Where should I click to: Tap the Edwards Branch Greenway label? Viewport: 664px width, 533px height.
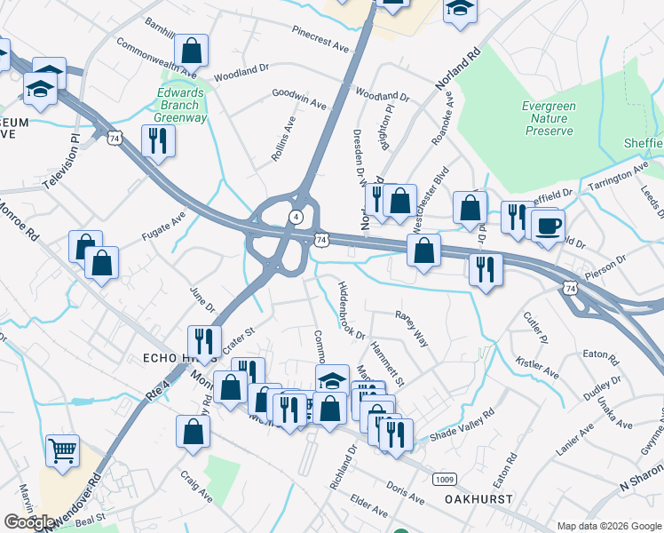[180, 105]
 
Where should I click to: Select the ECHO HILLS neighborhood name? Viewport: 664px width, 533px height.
[155, 358]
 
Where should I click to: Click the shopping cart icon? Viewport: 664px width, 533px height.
[62, 451]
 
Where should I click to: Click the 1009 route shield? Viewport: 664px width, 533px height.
[446, 479]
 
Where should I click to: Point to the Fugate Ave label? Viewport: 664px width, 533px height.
[163, 227]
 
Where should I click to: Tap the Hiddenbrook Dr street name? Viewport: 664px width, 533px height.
[350, 310]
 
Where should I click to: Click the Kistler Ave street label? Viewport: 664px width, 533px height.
[537, 370]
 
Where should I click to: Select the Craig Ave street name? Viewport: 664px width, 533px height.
[195, 485]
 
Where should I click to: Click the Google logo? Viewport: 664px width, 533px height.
[30, 522]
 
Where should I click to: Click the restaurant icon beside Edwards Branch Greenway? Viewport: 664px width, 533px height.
[158, 141]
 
